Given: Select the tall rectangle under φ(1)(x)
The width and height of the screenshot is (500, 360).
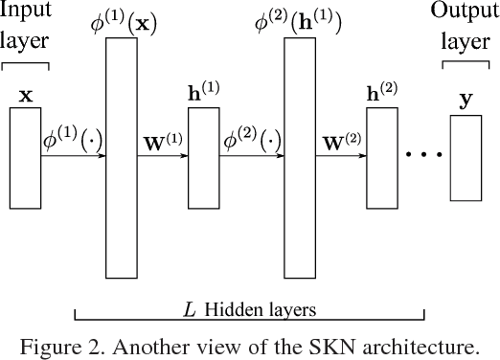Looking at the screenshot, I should pyautogui.click(x=122, y=157).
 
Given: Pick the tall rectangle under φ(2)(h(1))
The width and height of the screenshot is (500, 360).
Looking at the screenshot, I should pyautogui.click(x=302, y=157).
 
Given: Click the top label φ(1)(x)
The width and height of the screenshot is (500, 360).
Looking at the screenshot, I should pyautogui.click(x=120, y=21).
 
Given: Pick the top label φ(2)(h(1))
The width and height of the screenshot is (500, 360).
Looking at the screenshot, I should pyautogui.click(x=303, y=21).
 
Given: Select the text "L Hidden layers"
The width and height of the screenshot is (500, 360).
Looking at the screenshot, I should pyautogui.click(x=250, y=310).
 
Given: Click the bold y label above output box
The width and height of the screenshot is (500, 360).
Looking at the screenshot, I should pyautogui.click(x=466, y=99).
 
